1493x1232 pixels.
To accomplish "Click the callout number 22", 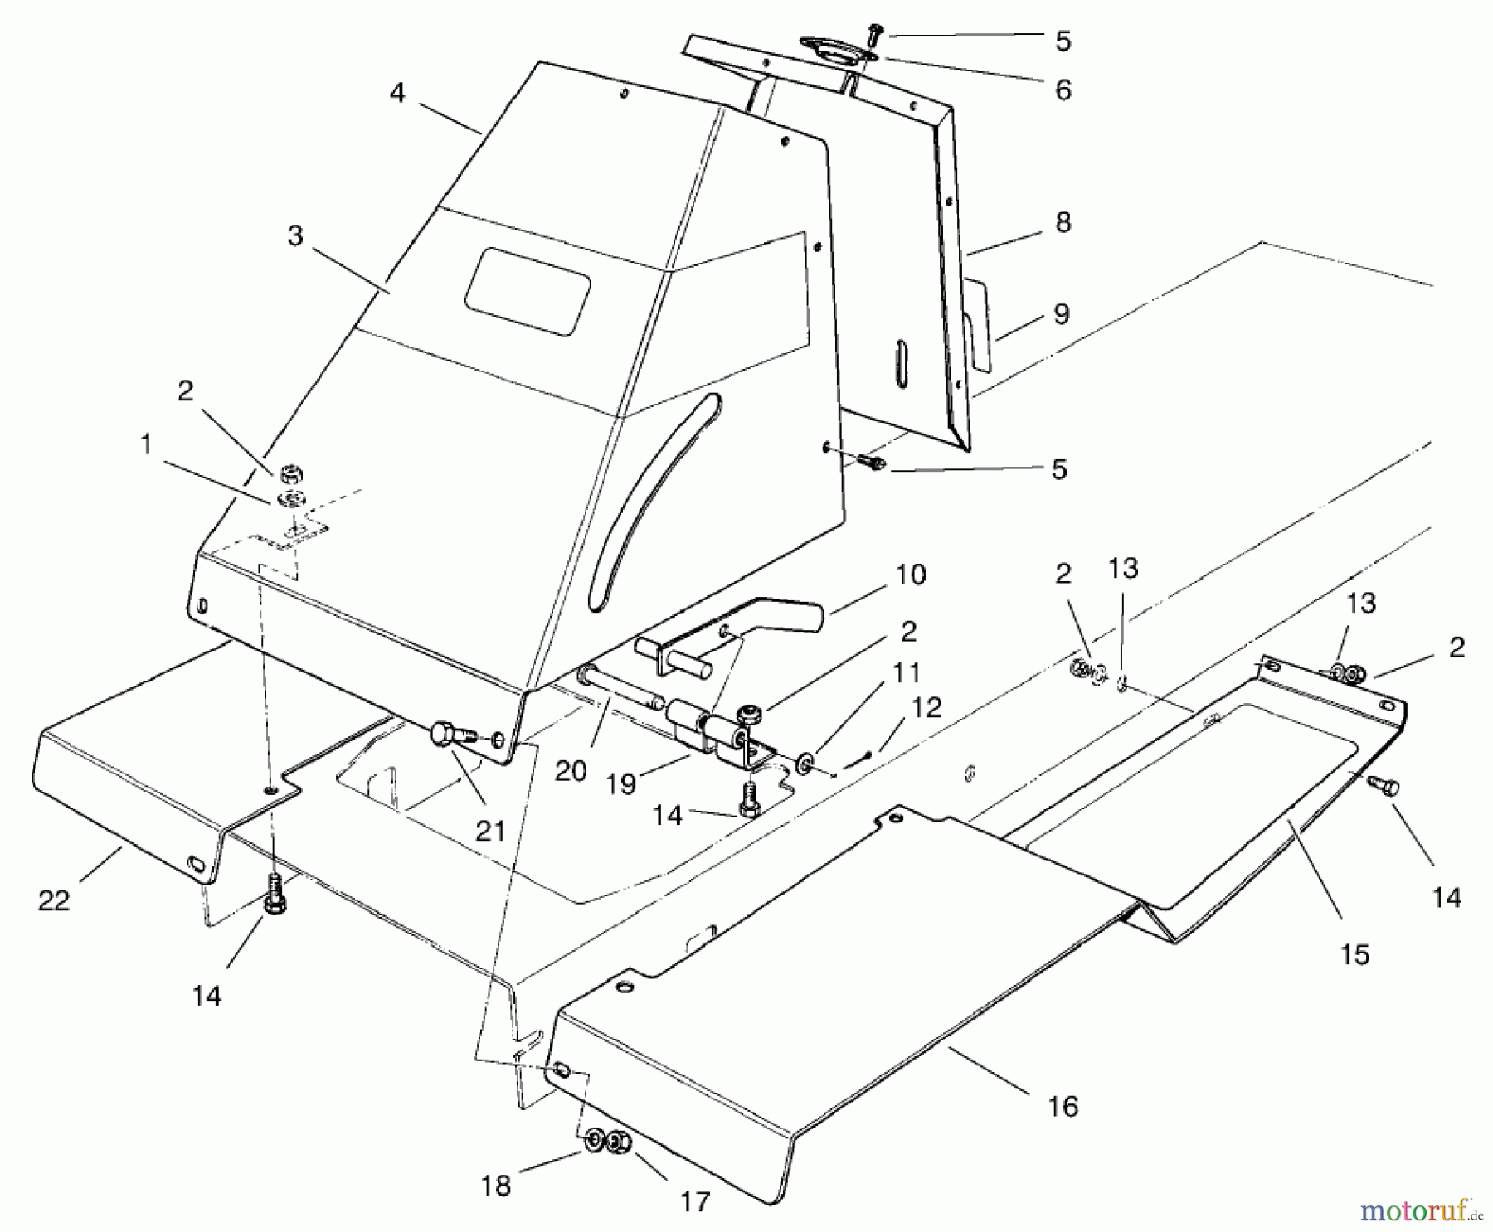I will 54,900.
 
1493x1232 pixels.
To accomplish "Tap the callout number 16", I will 1064,1106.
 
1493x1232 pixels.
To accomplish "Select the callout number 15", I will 1354,954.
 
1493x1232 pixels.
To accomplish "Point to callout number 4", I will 397,93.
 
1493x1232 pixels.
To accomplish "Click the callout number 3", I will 295,236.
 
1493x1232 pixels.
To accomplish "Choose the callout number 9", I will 1063,313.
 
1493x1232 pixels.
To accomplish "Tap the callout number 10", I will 911,575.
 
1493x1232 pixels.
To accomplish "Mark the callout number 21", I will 490,830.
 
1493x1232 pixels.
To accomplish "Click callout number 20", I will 571,771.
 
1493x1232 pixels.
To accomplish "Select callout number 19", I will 621,783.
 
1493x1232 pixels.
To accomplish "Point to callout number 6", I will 1063,89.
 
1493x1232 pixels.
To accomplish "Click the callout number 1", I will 147,445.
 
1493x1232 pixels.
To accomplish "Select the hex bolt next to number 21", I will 448,735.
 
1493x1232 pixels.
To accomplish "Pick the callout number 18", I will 496,1186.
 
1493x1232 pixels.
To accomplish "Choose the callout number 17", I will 695,1201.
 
